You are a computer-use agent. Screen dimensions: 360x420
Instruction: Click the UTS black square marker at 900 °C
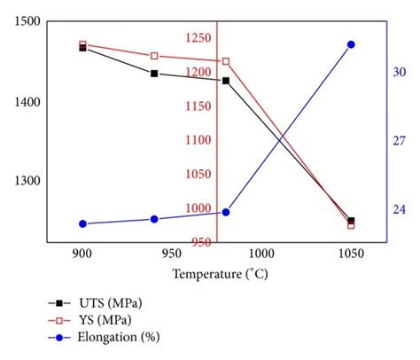coord(82,48)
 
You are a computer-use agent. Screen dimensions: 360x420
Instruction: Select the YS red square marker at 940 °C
coord(154,56)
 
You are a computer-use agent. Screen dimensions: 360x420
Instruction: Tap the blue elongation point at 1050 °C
coord(351,44)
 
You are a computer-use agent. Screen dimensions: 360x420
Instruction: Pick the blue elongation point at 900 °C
coord(82,224)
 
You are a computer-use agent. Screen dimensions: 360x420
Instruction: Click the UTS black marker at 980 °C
coord(226,81)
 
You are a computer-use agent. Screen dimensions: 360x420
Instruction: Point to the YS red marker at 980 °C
coord(226,61)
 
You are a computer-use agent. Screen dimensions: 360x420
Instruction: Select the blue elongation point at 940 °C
coord(154,219)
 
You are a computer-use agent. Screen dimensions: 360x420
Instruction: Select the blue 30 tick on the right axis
coord(400,73)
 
